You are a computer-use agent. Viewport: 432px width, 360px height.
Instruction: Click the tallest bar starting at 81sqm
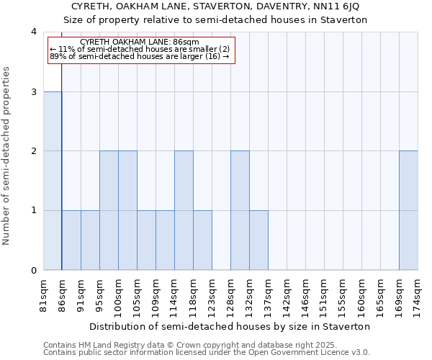pyautogui.click(x=53, y=181)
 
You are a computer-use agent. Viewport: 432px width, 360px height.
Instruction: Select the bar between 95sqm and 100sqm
pyautogui.click(x=109, y=210)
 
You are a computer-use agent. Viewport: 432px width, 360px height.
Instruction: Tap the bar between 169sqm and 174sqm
pyautogui.click(x=408, y=210)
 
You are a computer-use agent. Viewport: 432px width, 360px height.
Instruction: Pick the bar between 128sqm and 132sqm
pyautogui.click(x=240, y=210)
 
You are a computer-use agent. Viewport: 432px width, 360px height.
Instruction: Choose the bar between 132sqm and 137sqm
pyautogui.click(x=258, y=240)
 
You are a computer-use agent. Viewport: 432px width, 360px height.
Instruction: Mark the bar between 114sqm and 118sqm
pyautogui.click(x=184, y=210)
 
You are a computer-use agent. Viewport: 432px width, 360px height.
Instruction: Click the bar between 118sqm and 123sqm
pyautogui.click(x=202, y=240)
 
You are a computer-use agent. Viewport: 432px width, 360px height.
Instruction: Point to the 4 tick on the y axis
pyautogui.click(x=33, y=32)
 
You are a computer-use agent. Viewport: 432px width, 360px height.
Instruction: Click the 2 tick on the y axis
pyautogui.click(x=33, y=151)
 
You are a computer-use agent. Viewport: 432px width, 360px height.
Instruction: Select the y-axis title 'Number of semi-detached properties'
pyautogui.click(x=7, y=156)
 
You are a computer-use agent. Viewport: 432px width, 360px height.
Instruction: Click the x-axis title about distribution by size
pyautogui.click(x=230, y=326)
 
